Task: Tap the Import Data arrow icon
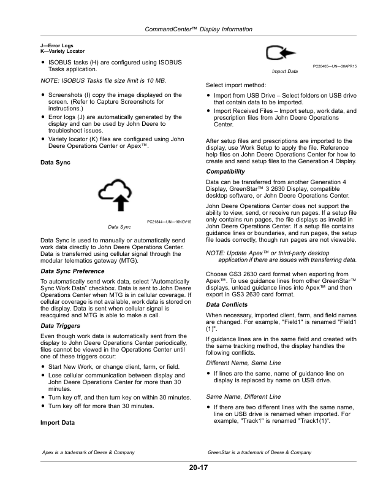point(283,55)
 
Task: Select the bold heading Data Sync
point(54,163)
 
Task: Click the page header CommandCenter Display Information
point(187,29)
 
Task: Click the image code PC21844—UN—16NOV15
point(170,221)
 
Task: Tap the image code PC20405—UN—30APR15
point(335,66)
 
